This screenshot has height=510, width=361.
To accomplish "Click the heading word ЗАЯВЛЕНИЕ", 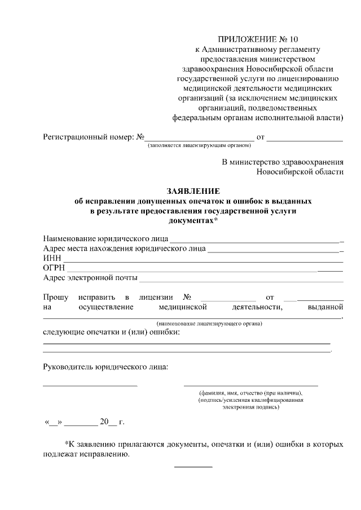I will click(x=192, y=191).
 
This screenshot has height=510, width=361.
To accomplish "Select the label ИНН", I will click(x=52, y=258).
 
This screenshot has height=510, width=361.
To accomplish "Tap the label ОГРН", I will click(x=55, y=268).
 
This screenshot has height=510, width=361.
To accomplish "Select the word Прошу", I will click(x=56, y=297).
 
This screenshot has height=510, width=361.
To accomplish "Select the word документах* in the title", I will click(x=193, y=220).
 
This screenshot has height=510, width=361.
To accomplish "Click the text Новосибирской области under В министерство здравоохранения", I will click(x=300, y=172).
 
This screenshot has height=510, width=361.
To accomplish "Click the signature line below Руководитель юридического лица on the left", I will click(x=90, y=385).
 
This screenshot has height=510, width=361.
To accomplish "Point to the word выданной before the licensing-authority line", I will click(x=325, y=307).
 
